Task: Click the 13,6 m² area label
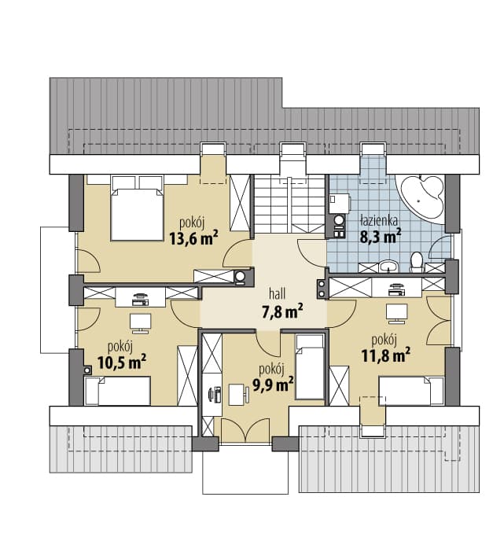point(193,238)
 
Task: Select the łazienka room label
point(380,220)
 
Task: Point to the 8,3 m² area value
point(381,236)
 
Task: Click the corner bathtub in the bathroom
point(421,198)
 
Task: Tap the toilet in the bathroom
point(418,262)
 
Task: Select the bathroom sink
point(389,266)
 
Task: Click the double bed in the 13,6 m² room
point(137,208)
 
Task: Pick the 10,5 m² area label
point(122,362)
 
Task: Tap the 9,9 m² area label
point(273,385)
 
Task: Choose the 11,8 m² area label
point(386,355)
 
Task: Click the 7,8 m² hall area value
point(282,311)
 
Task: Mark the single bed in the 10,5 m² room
point(118,391)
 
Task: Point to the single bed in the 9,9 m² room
point(309,367)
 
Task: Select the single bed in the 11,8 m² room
point(411,391)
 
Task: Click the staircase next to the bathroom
point(289,204)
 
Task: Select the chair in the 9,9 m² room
point(238,394)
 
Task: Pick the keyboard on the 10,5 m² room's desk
point(140,303)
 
